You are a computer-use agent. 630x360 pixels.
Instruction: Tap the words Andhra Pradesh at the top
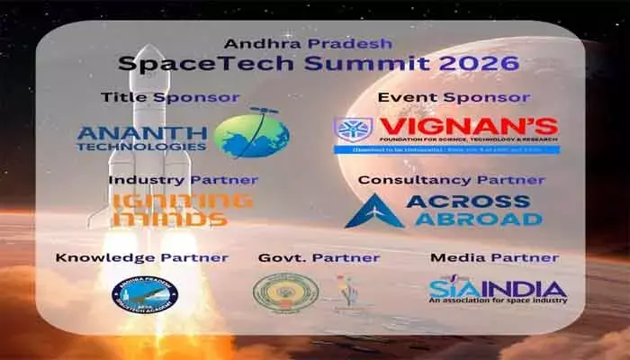[x=315, y=42]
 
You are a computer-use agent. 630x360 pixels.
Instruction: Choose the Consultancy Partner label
[x=451, y=180]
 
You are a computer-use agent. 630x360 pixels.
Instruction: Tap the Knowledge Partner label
[x=142, y=258]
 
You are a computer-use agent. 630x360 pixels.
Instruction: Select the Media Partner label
[x=494, y=258]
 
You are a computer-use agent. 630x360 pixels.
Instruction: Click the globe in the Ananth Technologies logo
[x=252, y=134]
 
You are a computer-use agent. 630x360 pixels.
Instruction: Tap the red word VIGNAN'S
[x=467, y=126]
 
